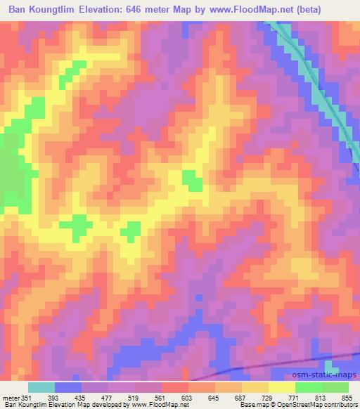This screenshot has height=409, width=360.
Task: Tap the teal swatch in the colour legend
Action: click(41, 387)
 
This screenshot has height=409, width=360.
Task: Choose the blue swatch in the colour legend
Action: click(68, 387)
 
